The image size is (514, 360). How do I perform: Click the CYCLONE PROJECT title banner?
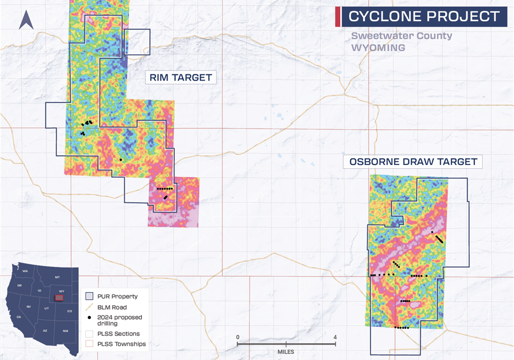click(423, 16)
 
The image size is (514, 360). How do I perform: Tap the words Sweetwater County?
click(401, 36)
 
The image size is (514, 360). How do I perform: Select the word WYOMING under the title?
click(378, 48)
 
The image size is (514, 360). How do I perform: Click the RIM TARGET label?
click(180, 78)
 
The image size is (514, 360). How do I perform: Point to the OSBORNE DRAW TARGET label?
click(413, 162)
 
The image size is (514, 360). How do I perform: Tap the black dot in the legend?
click(90, 318)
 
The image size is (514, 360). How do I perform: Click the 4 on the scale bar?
click(335, 337)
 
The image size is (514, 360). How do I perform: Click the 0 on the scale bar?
click(238, 337)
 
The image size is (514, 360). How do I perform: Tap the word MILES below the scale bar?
click(286, 353)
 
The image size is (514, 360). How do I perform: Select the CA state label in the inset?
click(18, 317)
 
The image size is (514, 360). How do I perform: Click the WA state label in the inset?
click(25, 271)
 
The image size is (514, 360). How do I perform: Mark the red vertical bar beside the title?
click(337, 16)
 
